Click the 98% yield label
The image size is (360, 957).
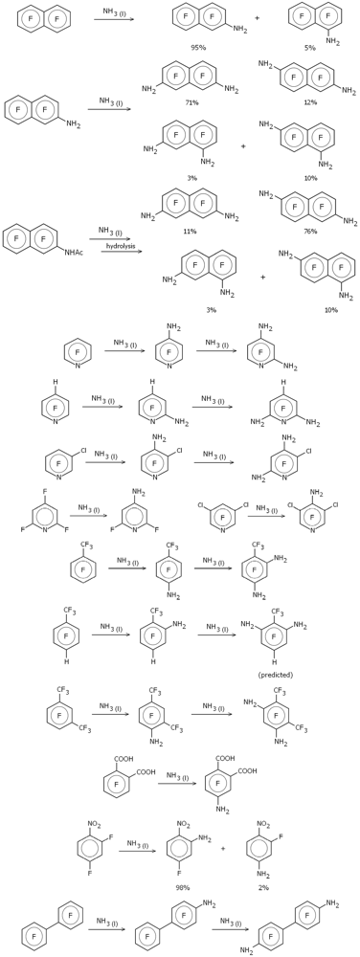click(182, 887)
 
